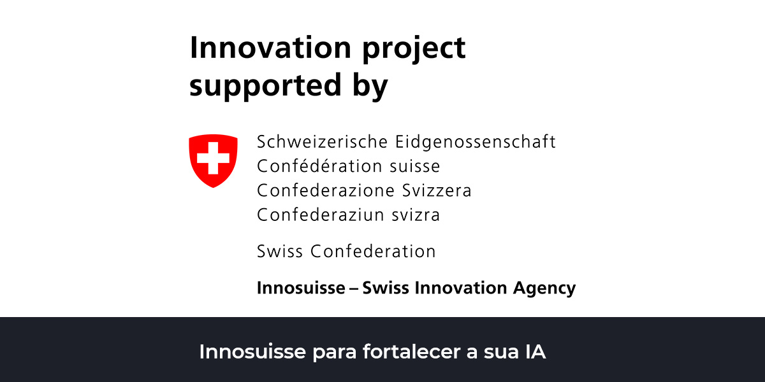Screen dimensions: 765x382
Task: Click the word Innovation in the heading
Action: tap(270, 48)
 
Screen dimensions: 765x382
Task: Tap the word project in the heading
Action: tap(414, 50)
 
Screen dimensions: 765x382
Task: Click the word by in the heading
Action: tap(370, 87)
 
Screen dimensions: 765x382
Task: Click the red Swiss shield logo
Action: tap(213, 160)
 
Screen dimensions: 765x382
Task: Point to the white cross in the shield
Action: tap(213, 159)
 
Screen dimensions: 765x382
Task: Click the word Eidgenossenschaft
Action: tap(476, 142)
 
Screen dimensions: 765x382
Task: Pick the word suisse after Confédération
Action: tap(415, 166)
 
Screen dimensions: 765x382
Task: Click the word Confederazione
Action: tap(326, 190)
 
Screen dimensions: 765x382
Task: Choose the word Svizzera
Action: tap(437, 190)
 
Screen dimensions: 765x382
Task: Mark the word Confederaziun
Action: tap(321, 215)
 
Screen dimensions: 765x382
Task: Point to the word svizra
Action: tap(416, 215)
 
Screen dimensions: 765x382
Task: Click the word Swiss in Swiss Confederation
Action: tap(280, 251)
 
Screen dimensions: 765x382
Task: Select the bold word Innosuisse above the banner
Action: tap(301, 288)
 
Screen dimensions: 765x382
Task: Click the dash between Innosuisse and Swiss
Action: tap(354, 289)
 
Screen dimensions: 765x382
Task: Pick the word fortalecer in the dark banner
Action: tap(412, 351)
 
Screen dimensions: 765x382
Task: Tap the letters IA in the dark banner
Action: tap(535, 352)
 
